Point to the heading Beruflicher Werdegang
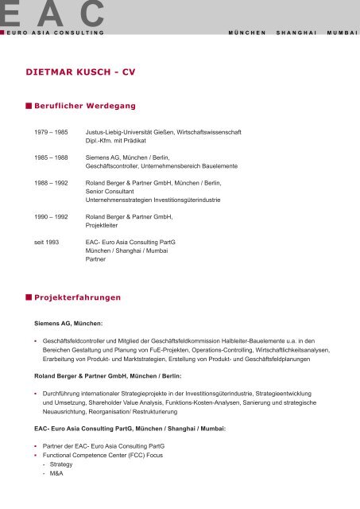84,106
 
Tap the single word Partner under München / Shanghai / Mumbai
96,258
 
